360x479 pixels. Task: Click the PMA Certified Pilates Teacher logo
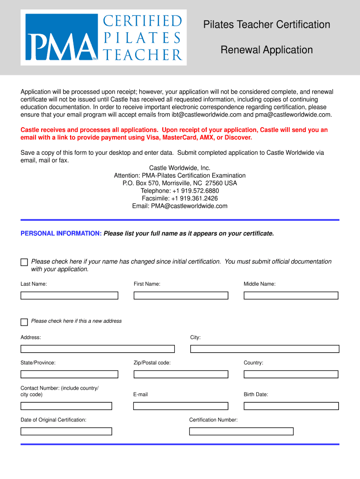pos(103,37)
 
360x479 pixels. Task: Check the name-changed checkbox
pos(24,262)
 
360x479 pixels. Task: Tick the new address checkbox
pos(24,322)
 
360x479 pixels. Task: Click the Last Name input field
pos(69,296)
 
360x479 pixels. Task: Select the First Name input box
pos(181,296)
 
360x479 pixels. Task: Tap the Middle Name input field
pos(291,296)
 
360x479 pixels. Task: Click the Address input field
pos(97,349)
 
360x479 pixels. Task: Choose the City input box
pos(265,349)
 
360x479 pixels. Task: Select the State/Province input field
pos(69,374)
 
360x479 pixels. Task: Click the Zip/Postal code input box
pos(181,374)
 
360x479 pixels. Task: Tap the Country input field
pos(291,374)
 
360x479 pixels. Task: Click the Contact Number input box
pos(66,406)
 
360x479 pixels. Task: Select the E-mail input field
pos(180,406)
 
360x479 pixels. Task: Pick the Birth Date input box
pos(291,406)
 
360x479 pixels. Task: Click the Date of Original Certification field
pos(66,431)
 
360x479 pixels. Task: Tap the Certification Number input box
pos(241,431)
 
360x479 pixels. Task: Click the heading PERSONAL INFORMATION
pos(61,233)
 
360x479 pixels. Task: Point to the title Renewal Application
pos(266,50)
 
